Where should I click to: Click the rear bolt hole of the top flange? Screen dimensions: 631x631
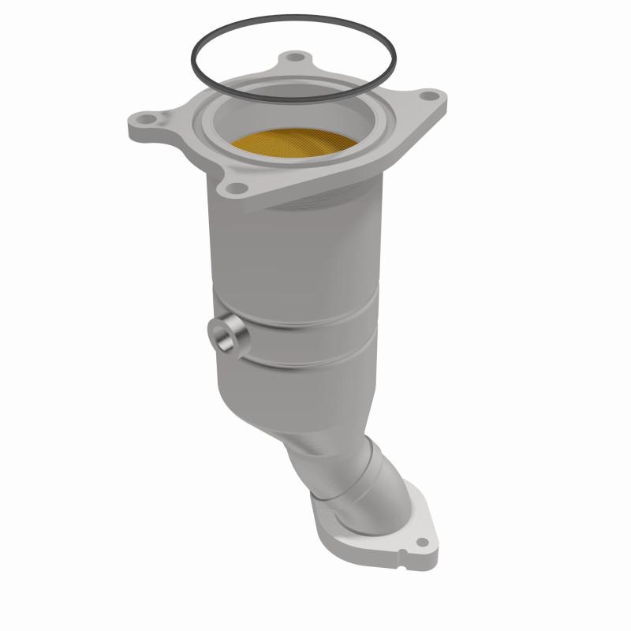[x=295, y=58]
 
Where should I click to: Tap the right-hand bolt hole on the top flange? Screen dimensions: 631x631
[x=428, y=96]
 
